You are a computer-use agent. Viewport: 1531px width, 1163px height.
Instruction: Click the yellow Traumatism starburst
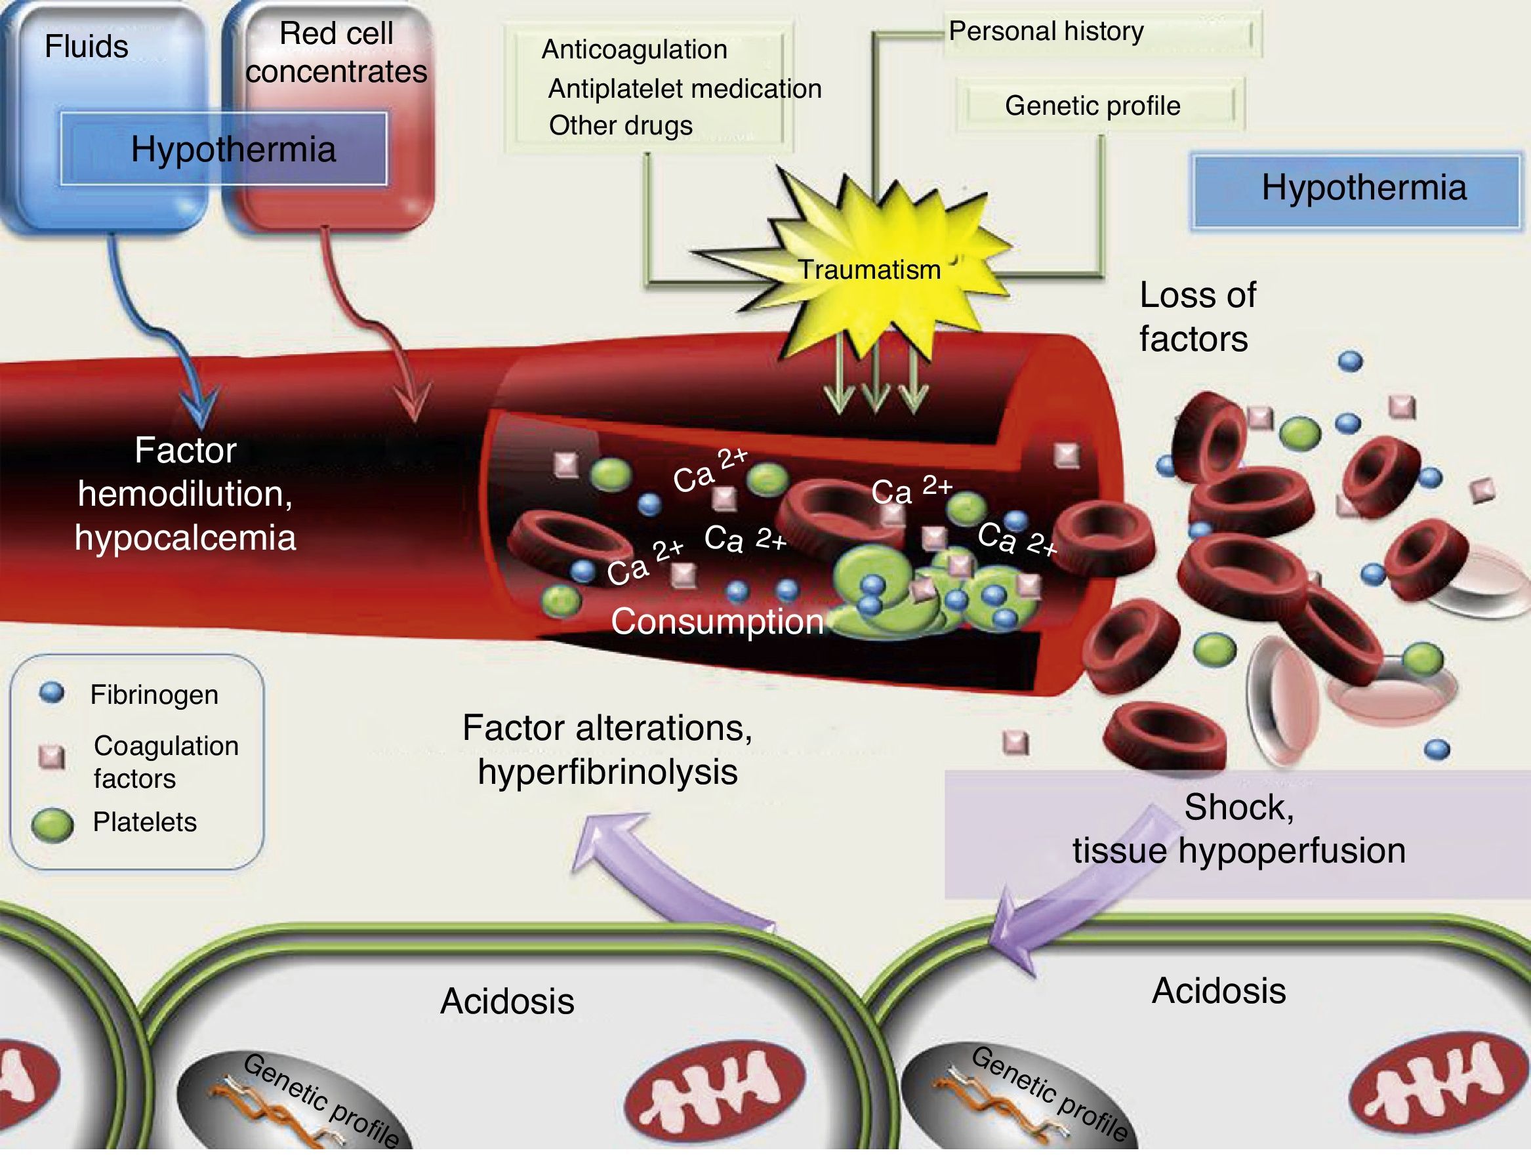[868, 266]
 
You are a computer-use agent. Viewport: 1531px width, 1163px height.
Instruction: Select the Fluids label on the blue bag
[87, 47]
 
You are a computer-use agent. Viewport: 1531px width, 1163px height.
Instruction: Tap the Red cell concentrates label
[337, 52]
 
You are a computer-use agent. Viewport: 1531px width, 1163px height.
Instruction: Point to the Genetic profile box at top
[1092, 106]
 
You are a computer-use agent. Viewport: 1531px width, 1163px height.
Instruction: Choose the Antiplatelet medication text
[685, 89]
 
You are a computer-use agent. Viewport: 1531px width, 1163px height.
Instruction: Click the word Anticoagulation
[634, 50]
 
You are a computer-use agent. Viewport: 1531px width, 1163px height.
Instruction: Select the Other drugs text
[620, 126]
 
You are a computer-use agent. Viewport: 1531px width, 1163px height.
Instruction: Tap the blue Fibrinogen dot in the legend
[52, 693]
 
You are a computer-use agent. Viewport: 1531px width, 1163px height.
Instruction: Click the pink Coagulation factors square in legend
[52, 757]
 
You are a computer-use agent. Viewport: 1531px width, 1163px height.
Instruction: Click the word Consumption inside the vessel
[717, 622]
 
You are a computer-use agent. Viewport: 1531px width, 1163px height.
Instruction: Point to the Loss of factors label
[1196, 317]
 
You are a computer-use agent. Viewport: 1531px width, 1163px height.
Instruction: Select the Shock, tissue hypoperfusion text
[1238, 828]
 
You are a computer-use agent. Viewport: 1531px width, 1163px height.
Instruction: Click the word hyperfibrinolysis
[607, 772]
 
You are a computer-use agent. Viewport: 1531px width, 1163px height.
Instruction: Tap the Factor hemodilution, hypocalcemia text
[186, 493]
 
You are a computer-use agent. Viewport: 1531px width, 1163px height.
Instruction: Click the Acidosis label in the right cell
[1218, 990]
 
